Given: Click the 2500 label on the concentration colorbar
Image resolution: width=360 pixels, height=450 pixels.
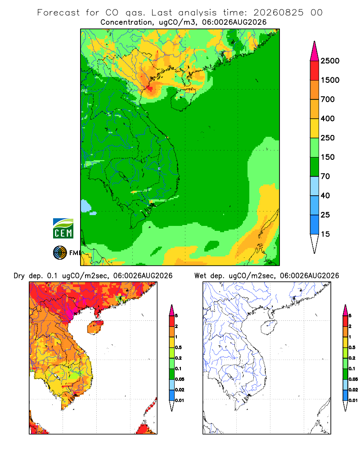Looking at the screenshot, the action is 330,61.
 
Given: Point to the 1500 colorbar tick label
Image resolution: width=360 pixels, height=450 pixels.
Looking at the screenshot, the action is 330,80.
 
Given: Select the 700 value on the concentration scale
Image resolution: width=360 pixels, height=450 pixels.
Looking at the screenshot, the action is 328,99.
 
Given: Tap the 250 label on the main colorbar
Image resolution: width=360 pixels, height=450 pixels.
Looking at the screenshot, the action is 328,138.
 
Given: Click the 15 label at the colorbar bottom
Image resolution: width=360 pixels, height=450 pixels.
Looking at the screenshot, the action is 325,234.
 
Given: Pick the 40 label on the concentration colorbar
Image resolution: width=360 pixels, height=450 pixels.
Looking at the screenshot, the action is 325,195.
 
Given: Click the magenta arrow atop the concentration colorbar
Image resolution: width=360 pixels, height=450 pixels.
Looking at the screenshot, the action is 315,51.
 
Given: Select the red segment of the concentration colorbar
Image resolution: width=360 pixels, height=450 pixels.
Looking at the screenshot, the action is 315,71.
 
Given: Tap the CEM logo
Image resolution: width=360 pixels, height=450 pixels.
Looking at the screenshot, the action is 63,229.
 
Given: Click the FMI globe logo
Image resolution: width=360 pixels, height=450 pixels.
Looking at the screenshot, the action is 60,253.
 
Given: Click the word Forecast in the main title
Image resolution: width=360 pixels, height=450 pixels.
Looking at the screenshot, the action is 58,13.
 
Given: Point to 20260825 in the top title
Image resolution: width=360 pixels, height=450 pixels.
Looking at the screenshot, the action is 279,13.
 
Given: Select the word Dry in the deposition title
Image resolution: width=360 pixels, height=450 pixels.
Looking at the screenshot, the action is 19,276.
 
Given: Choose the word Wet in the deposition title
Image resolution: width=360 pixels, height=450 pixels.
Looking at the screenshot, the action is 200,276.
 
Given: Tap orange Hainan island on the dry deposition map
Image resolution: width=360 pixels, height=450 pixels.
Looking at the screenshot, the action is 95,327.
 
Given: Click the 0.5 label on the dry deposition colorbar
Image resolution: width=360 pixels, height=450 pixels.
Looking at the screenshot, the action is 178,347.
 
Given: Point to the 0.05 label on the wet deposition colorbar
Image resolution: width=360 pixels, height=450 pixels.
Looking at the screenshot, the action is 353,379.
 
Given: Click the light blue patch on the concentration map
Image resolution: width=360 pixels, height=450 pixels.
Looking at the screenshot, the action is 85,206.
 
